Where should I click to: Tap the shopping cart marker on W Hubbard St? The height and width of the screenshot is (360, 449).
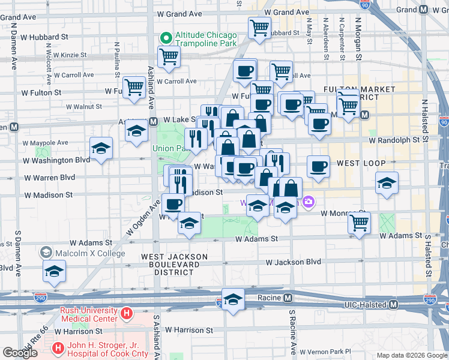[259, 27]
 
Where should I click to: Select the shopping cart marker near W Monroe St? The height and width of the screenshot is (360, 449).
[359, 223]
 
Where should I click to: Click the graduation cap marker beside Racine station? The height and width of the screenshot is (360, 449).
[233, 299]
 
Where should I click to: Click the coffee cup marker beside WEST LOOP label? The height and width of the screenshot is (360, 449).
[318, 166]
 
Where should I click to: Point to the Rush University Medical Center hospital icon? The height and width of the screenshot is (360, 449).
[126, 313]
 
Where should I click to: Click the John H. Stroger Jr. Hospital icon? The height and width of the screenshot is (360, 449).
[58, 347]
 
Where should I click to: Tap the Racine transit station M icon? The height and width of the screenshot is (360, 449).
[288, 298]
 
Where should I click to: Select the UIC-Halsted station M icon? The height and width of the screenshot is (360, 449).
[393, 305]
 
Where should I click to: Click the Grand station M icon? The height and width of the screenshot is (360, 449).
[423, 10]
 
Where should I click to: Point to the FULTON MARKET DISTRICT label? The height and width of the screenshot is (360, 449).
[360, 93]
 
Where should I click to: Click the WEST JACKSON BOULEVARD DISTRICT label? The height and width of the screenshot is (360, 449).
[174, 264]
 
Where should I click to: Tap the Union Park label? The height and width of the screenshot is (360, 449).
[170, 148]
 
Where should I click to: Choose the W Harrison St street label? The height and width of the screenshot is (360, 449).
[189, 330]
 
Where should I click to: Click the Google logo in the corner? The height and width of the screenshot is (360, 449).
[20, 353]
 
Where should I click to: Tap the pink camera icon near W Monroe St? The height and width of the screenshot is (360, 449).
[309, 202]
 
